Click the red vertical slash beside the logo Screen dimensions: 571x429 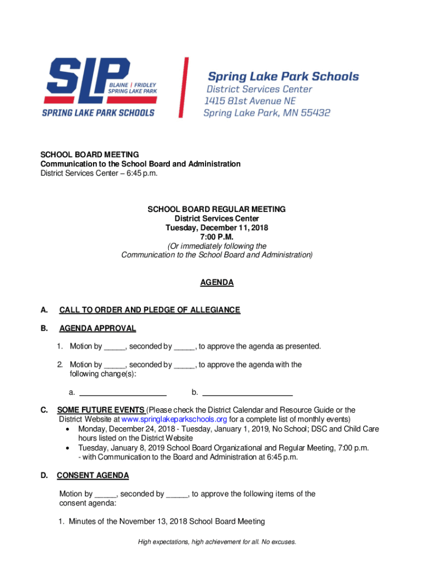click(183, 88)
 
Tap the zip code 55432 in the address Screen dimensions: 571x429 click(314, 113)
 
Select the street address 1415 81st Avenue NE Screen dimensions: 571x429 click(250, 101)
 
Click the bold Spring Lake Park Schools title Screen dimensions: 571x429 click(283, 77)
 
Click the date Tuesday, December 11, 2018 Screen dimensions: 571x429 click(216, 228)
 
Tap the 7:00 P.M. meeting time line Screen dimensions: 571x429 click(216, 237)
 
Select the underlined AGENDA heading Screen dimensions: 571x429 click(217, 283)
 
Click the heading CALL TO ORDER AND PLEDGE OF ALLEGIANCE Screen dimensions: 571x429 click(149, 310)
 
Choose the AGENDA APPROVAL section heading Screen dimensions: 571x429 click(97, 328)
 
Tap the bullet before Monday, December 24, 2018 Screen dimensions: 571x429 click(68, 429)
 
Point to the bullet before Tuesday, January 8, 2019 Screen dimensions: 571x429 click(68, 448)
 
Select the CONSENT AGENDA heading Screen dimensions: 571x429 click(93, 476)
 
